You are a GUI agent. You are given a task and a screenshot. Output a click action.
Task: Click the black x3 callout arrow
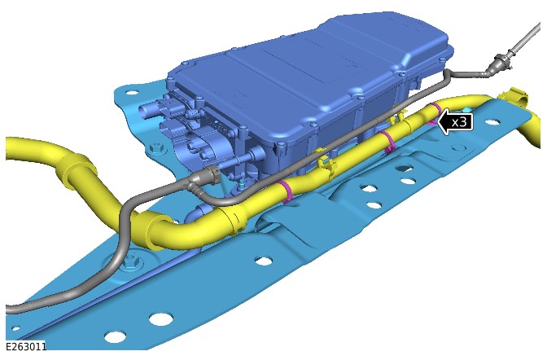[x=455, y=122]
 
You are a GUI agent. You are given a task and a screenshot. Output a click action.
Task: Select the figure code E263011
[x=26, y=346]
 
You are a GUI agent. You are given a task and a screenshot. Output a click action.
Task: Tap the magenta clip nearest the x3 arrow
[x=435, y=112]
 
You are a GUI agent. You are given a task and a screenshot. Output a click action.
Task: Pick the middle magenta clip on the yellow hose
[x=389, y=142]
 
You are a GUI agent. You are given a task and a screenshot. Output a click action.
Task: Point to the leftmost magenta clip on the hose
[x=287, y=191]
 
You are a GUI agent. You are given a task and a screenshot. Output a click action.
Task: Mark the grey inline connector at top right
[x=501, y=64]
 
